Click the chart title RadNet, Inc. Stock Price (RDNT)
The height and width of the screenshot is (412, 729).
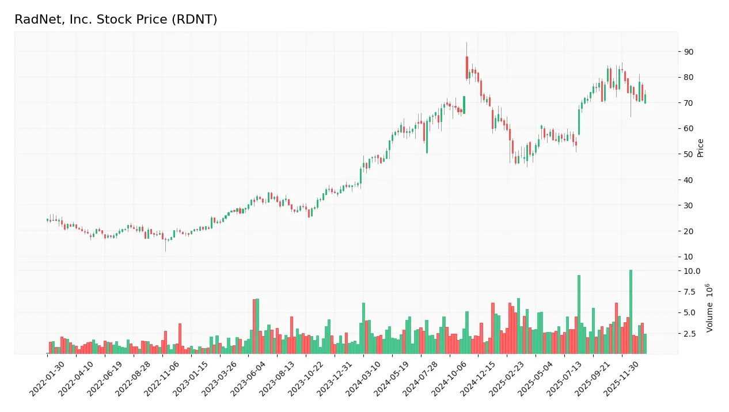point(116,20)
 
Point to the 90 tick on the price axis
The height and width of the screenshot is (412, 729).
point(689,52)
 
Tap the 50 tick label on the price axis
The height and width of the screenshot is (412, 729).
point(689,154)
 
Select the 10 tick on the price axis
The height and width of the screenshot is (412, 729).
point(689,257)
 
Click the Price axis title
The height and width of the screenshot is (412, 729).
point(701,148)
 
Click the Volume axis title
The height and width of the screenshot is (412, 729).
point(710,307)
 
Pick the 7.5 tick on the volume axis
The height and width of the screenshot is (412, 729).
point(692,292)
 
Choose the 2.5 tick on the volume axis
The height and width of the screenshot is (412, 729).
point(692,334)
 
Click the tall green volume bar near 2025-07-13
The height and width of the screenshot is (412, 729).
point(579,314)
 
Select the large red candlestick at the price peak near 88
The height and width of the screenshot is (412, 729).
point(467,67)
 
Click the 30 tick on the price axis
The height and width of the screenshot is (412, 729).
point(689,205)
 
